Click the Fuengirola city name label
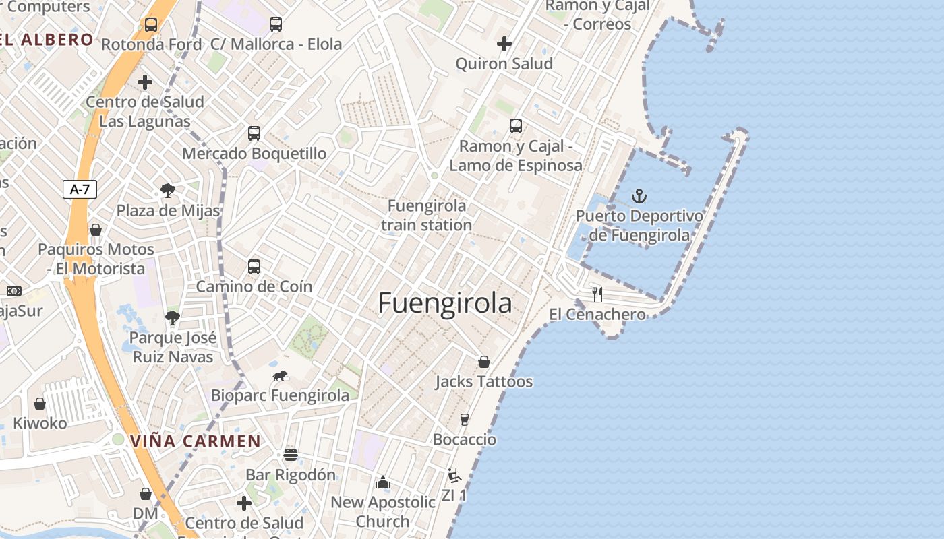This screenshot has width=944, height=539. click(x=445, y=303)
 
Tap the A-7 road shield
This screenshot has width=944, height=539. click(x=80, y=189)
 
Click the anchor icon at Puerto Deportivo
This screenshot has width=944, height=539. click(x=639, y=197)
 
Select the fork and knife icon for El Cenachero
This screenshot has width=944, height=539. click(x=597, y=294)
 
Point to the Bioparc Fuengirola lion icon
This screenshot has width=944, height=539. click(x=280, y=375)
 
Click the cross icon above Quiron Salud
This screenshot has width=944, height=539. click(x=504, y=44)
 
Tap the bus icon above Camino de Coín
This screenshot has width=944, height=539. click(x=254, y=266)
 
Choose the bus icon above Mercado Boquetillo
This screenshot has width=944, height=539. click(x=254, y=133)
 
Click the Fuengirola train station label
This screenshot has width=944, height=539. click(x=426, y=215)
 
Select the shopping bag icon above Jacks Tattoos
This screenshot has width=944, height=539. click(x=484, y=362)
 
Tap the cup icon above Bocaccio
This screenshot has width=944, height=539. click(x=464, y=419)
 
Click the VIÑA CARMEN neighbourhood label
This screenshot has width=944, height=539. click(x=195, y=441)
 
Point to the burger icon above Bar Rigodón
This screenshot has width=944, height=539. click(x=291, y=454)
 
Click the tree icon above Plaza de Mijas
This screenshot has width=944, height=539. click(x=168, y=191)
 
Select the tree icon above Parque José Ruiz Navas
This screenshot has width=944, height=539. click(x=173, y=318)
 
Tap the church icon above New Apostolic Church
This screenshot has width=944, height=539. click(x=383, y=482)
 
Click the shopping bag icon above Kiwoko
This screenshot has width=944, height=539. click(x=40, y=404)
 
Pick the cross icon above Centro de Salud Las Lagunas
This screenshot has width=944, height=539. click(x=145, y=82)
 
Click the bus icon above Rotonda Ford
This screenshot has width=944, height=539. click(x=151, y=25)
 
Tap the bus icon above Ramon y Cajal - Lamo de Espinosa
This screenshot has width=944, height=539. click(x=516, y=126)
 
